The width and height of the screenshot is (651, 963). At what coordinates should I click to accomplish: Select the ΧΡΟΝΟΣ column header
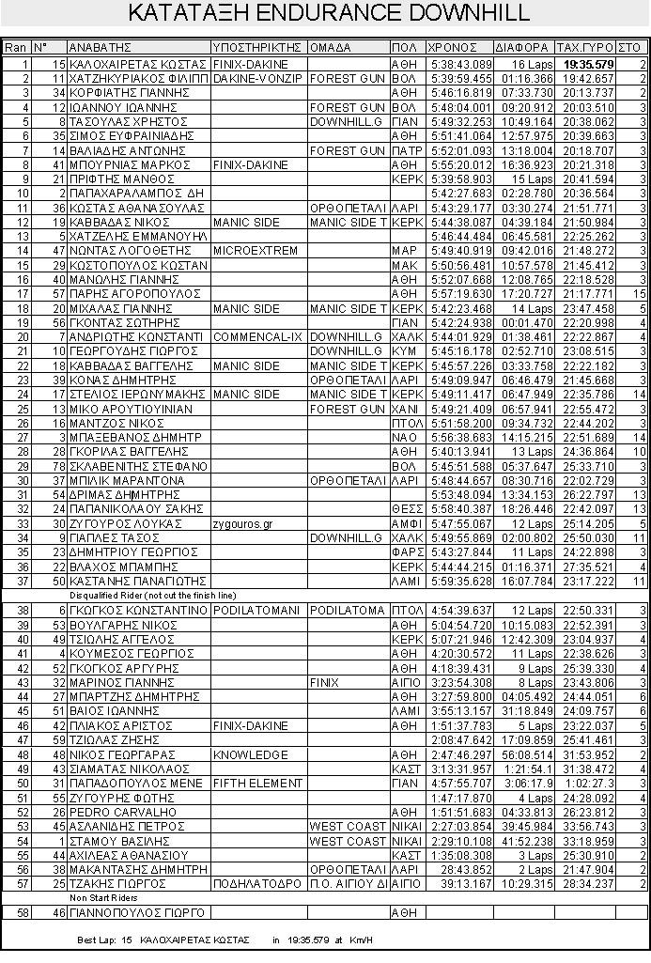pos(445,47)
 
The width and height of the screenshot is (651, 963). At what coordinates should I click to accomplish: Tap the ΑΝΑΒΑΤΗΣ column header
pos(97,47)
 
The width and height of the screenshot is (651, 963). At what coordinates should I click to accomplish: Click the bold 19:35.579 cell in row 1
pos(589,64)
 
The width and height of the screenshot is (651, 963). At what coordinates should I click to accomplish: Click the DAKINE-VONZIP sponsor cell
pos(256,79)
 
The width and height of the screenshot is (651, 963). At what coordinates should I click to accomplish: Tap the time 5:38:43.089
pos(461,64)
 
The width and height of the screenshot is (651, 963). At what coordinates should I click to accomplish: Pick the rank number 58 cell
pos(16,912)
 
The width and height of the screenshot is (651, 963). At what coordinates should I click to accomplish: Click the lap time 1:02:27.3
pos(590,784)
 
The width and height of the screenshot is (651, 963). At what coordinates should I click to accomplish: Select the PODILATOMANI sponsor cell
pos(256,611)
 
